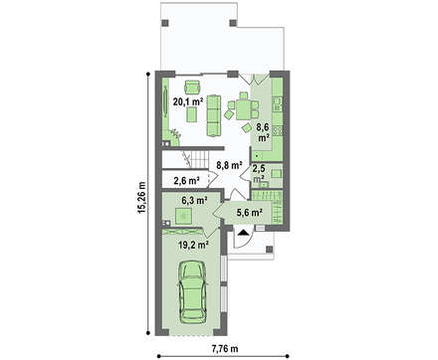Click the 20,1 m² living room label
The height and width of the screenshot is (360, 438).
pos(188,101)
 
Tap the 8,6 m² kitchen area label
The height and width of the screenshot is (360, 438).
pos(264,132)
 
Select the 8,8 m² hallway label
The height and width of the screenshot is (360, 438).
pos(229,165)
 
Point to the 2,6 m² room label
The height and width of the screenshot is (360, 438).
pos(186,181)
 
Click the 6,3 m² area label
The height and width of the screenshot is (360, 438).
pos(194,200)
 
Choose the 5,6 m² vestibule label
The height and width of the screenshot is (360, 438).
pos(250,212)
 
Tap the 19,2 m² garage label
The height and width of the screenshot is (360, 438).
pos(193,245)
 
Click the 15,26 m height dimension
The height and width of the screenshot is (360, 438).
pos(141,197)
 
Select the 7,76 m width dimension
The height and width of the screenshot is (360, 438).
pos(225,348)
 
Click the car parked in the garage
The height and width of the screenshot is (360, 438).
pos(192,291)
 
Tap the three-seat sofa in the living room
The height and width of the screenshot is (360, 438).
pos(214,115)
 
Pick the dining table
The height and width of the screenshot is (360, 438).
pos(244,109)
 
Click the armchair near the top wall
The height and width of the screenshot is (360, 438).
pos(192,87)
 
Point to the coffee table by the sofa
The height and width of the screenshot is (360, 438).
pos(190,115)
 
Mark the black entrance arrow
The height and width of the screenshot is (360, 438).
pos(244,232)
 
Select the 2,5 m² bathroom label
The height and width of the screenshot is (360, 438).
pos(259,174)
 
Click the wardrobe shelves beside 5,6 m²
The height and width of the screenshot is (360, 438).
pos(277,207)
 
